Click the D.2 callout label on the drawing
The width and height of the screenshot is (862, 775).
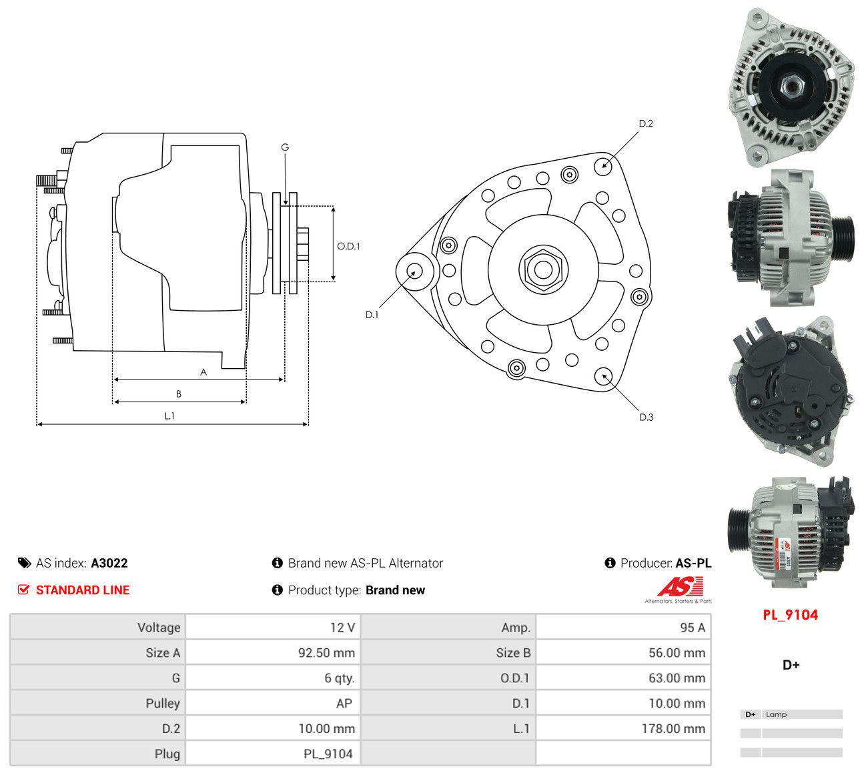click(645, 124)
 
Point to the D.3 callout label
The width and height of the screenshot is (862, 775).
click(646, 417)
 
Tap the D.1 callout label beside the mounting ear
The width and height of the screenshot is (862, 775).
click(372, 315)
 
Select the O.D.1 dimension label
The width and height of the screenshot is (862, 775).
click(348, 246)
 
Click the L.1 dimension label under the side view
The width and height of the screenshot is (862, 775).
click(169, 416)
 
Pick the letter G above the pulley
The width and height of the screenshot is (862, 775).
click(285, 147)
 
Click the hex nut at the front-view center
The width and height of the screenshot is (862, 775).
click(543, 270)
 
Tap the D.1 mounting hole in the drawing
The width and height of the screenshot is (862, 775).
click(414, 271)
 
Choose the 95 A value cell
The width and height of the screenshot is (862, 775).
click(693, 628)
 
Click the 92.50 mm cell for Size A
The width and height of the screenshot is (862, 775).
click(326, 653)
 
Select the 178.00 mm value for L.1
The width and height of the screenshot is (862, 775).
click(673, 728)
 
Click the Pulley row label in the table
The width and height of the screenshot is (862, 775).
click(163, 703)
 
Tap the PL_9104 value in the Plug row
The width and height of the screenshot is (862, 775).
click(328, 754)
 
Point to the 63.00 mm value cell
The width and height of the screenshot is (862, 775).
click(677, 678)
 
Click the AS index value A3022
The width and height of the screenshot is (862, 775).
click(109, 563)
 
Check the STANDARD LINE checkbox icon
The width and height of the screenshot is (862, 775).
click(23, 590)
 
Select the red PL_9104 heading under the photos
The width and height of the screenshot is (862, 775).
click(790, 615)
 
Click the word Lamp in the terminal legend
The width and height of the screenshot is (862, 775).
click(776, 714)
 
